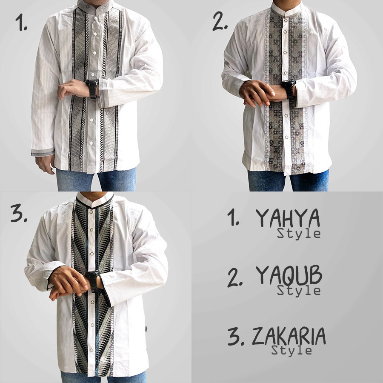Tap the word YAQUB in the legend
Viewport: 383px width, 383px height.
point(289,277)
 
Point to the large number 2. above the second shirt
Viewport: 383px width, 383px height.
point(220,20)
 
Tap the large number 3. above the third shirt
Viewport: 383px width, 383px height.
point(19,214)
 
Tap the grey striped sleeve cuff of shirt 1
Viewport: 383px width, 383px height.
point(42,151)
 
